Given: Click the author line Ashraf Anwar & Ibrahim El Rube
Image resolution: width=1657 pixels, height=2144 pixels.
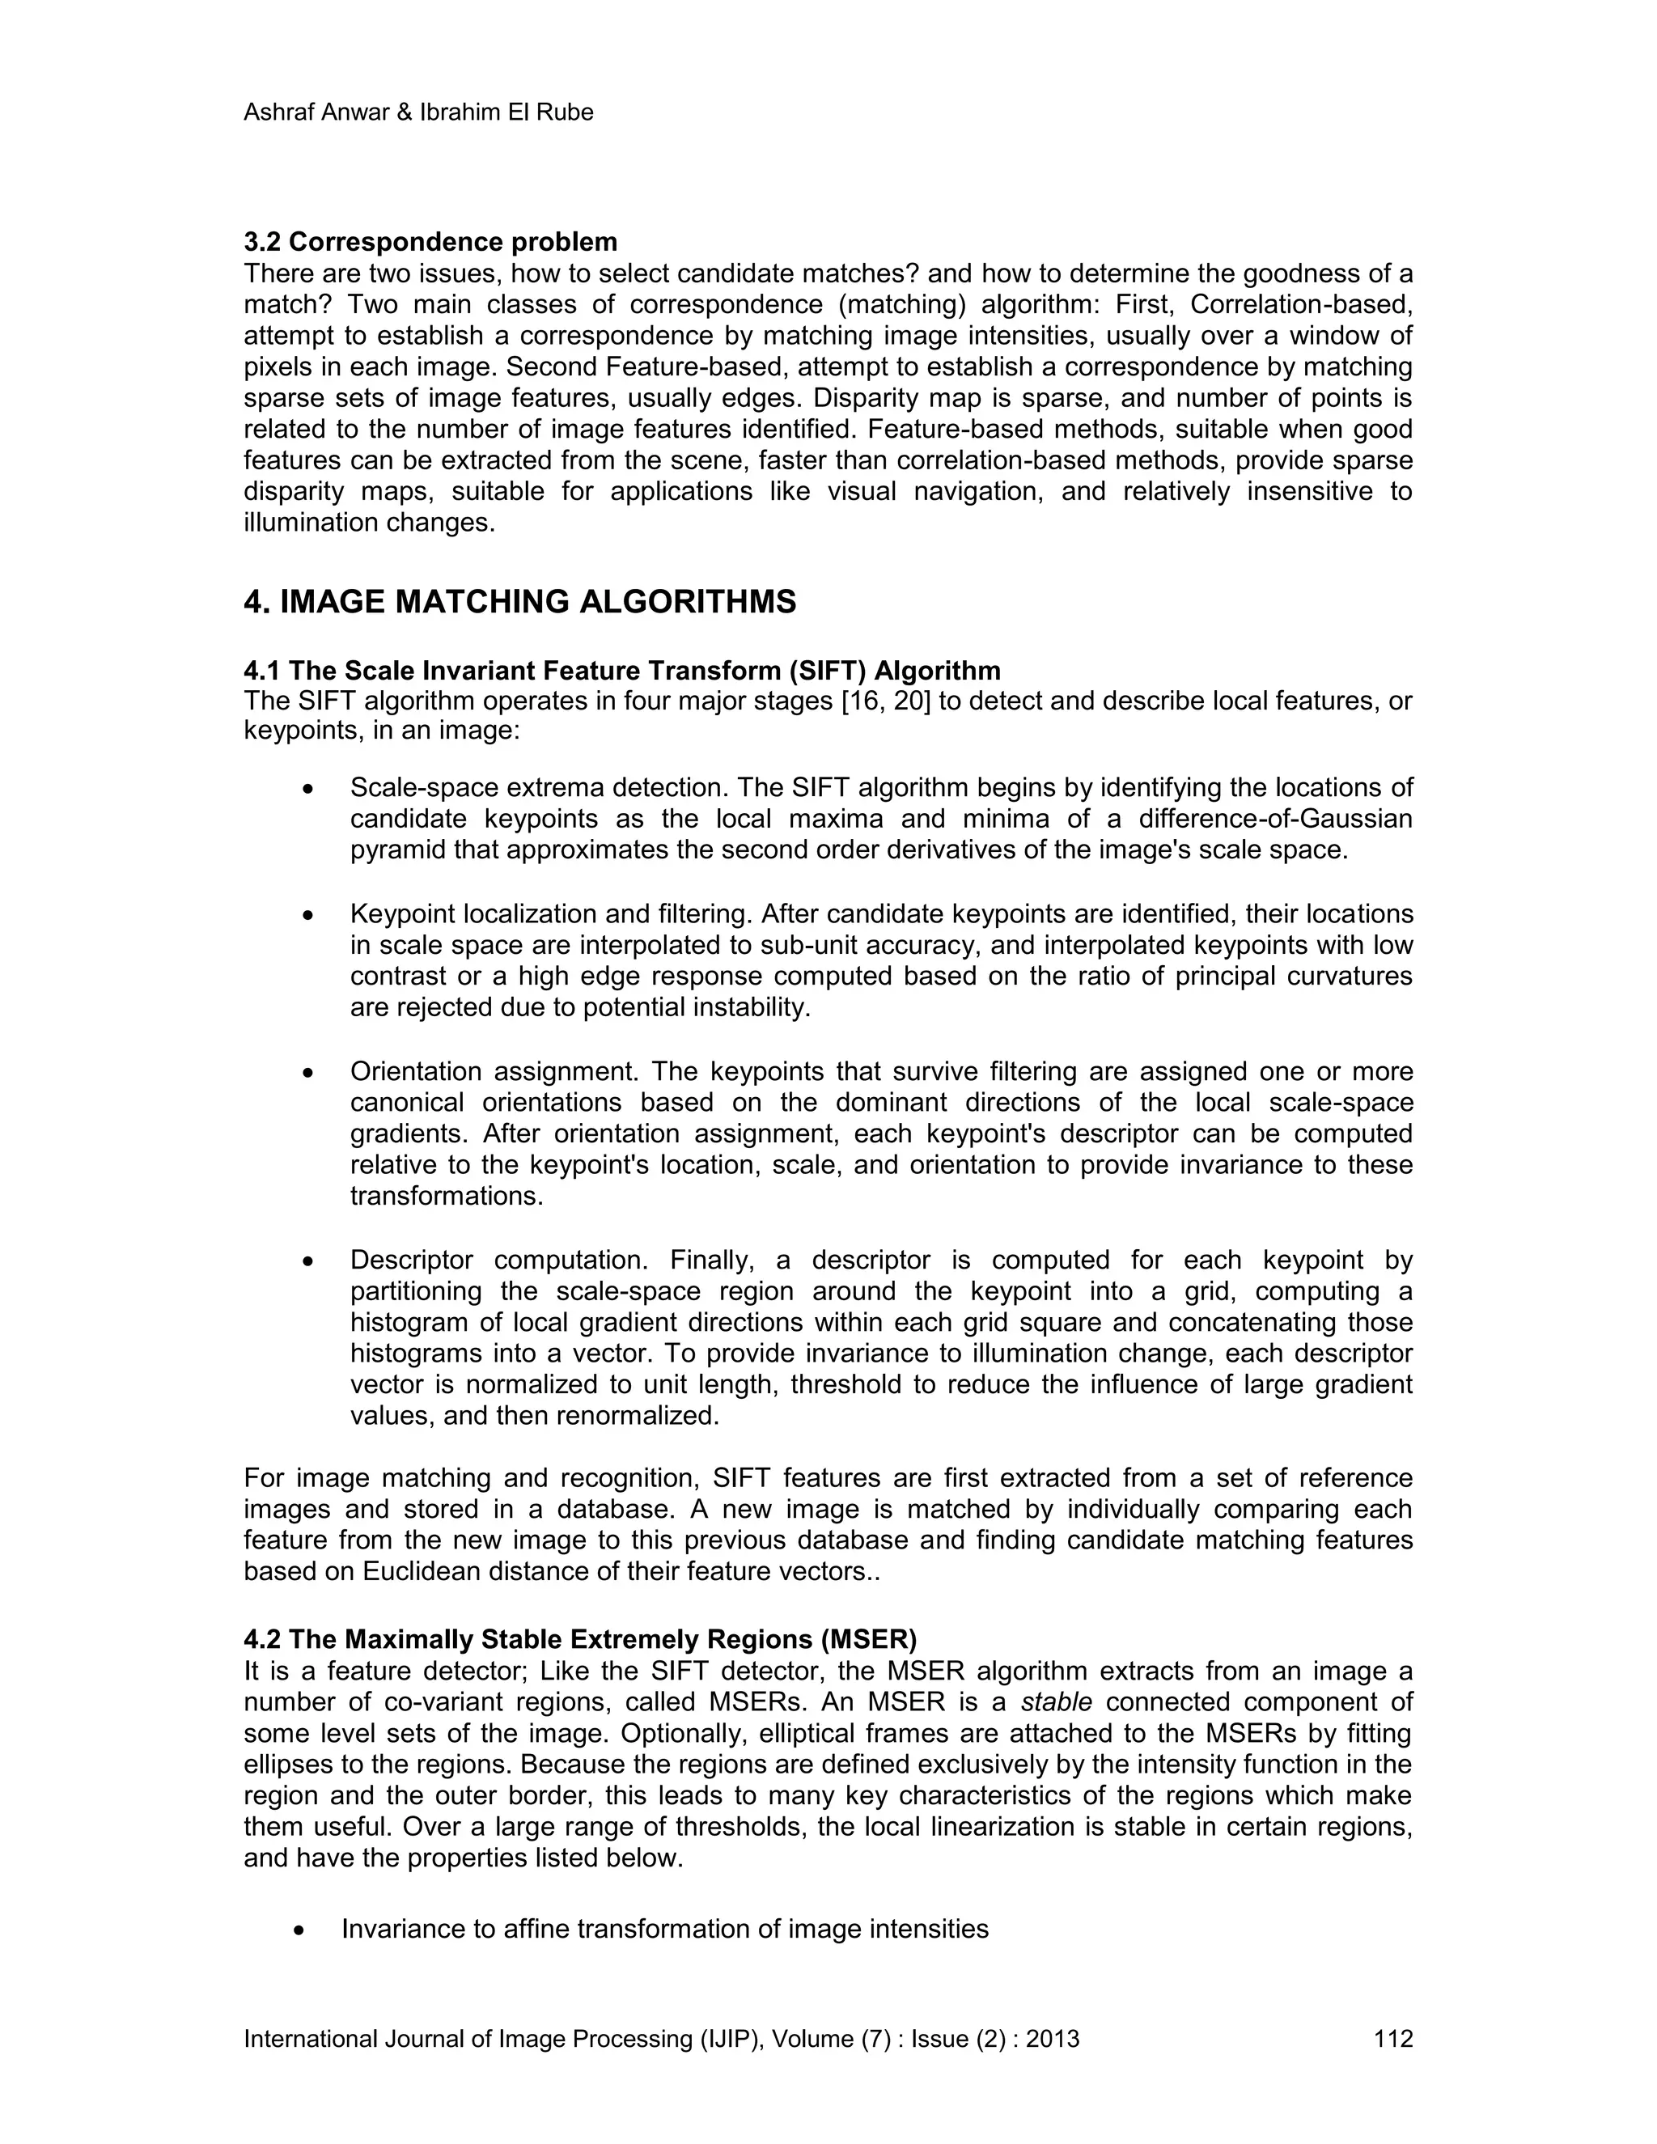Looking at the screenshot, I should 418,113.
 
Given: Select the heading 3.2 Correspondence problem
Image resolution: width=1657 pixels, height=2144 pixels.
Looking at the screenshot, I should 430,241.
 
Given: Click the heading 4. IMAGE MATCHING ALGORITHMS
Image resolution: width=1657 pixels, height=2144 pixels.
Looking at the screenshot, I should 519,602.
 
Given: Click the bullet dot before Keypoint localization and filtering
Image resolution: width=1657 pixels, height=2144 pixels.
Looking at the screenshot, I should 308,915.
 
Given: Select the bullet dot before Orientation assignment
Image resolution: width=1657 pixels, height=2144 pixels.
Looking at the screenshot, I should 308,1073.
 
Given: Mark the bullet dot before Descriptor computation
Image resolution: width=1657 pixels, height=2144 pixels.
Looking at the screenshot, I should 308,1261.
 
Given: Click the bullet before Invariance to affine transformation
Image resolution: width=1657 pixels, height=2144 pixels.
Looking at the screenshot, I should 299,1930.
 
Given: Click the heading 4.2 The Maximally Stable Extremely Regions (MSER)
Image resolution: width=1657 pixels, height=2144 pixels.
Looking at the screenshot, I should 580,1639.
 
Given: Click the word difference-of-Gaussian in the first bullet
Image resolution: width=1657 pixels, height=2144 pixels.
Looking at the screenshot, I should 1275,819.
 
